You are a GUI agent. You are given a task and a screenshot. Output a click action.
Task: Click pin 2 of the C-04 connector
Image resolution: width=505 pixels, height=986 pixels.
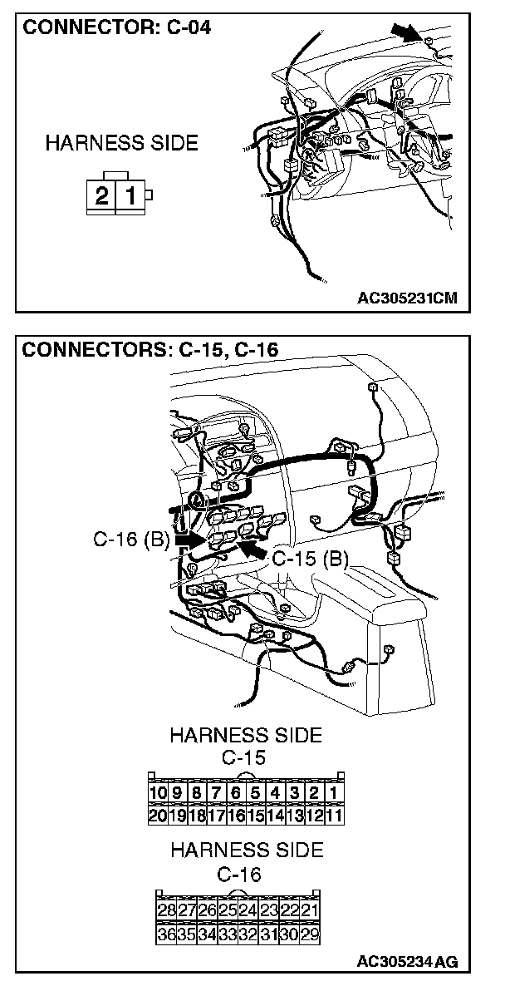tap(101, 196)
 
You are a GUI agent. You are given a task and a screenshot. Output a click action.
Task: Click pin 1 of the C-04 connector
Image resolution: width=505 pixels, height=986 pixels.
tap(130, 196)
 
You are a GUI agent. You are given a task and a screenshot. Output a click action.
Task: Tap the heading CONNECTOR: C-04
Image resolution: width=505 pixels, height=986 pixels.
tap(117, 27)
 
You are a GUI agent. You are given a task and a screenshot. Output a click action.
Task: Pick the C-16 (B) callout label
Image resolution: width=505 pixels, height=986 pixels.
tap(131, 540)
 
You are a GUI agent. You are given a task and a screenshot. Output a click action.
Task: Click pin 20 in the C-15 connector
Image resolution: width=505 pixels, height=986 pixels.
tap(157, 815)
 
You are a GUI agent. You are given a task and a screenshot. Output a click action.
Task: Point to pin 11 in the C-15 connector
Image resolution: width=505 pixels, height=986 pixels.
tap(333, 815)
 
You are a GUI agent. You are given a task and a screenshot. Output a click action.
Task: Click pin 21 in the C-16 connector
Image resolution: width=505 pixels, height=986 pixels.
tap(310, 910)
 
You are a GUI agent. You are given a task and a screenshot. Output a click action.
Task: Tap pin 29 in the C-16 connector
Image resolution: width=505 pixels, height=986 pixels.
tap(310, 933)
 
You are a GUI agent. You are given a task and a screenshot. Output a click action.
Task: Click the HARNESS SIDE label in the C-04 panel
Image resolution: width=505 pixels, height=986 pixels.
tap(122, 143)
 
